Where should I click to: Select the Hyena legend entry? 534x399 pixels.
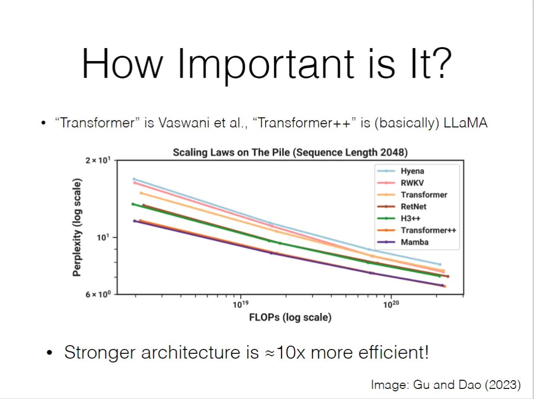coord(412,171)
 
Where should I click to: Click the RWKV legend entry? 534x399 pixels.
coord(412,183)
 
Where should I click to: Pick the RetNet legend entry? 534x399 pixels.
coord(414,206)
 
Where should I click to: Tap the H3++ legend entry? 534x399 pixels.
coord(411,218)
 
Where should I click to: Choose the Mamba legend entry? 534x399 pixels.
coord(414,242)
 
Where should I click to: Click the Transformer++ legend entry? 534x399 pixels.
coord(428,230)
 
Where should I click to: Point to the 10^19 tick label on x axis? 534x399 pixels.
coord(240,304)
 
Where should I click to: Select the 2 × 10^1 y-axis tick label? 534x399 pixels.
coord(98,160)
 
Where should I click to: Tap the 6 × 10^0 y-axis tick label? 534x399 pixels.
coord(98,295)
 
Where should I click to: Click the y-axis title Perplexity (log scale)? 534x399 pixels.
coord(77,227)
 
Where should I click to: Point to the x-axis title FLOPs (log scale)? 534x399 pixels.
coord(290,317)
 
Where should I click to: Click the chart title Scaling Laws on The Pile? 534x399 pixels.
coord(290,153)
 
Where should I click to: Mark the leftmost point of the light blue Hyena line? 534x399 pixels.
coord(134,179)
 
